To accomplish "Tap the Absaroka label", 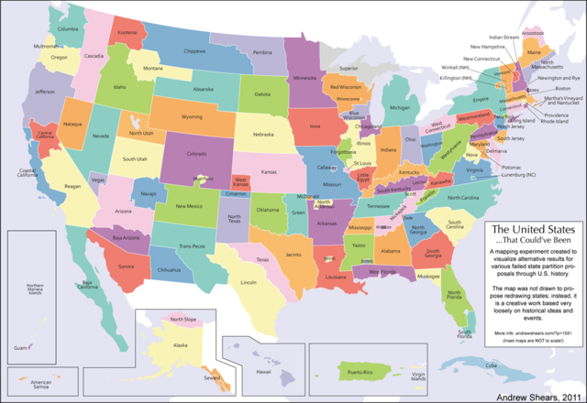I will tap(204, 90).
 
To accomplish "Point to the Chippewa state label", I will tap(194, 52).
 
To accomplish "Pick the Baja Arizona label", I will tap(125, 237).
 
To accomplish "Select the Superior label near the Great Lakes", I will tap(349, 69).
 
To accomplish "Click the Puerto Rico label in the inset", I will tap(360, 374).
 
